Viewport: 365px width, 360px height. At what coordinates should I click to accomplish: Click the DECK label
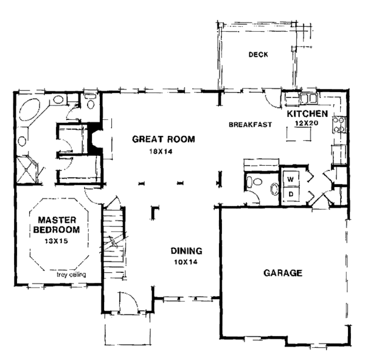(x=258, y=55)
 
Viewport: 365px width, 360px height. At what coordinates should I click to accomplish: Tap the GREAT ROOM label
(x=164, y=139)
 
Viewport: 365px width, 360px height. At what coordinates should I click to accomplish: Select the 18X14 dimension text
(x=161, y=152)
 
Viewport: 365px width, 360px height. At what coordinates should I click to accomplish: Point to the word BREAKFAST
(x=250, y=125)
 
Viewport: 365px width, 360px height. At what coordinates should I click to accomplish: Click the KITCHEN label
(x=307, y=114)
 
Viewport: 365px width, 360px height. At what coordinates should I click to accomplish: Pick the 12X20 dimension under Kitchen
(x=307, y=123)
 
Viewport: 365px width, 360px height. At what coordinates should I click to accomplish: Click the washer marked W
(x=291, y=179)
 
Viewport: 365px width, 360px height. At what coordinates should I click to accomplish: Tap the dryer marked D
(x=291, y=194)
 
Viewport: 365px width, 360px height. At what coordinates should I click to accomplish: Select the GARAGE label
(x=283, y=273)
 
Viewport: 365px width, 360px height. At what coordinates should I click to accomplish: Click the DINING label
(x=187, y=251)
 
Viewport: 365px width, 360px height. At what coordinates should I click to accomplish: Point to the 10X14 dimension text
(x=186, y=262)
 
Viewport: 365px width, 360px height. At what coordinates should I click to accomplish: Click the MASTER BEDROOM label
(x=57, y=225)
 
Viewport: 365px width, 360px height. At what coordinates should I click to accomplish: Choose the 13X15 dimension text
(x=56, y=241)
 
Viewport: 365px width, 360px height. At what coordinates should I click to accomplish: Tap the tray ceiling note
(x=71, y=275)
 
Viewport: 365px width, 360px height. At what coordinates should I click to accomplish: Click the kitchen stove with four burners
(x=339, y=125)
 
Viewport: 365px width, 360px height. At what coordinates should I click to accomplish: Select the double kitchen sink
(x=308, y=98)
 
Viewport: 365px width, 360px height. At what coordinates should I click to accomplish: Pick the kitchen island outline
(x=299, y=134)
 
